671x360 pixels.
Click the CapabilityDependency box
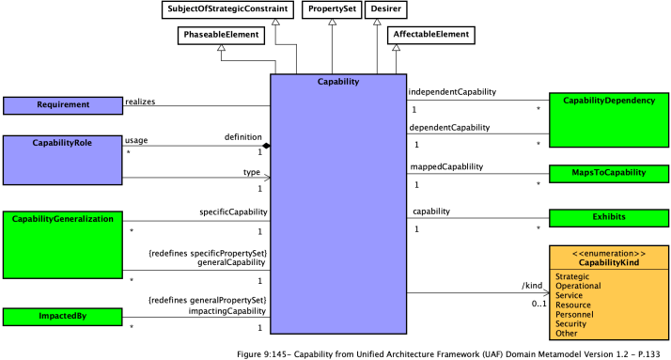point(608,119)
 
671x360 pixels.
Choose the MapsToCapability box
point(608,173)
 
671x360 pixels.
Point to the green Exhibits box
point(608,217)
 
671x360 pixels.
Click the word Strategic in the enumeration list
point(572,276)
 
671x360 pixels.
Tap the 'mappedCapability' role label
point(446,166)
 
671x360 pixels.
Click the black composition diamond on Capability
point(266,146)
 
